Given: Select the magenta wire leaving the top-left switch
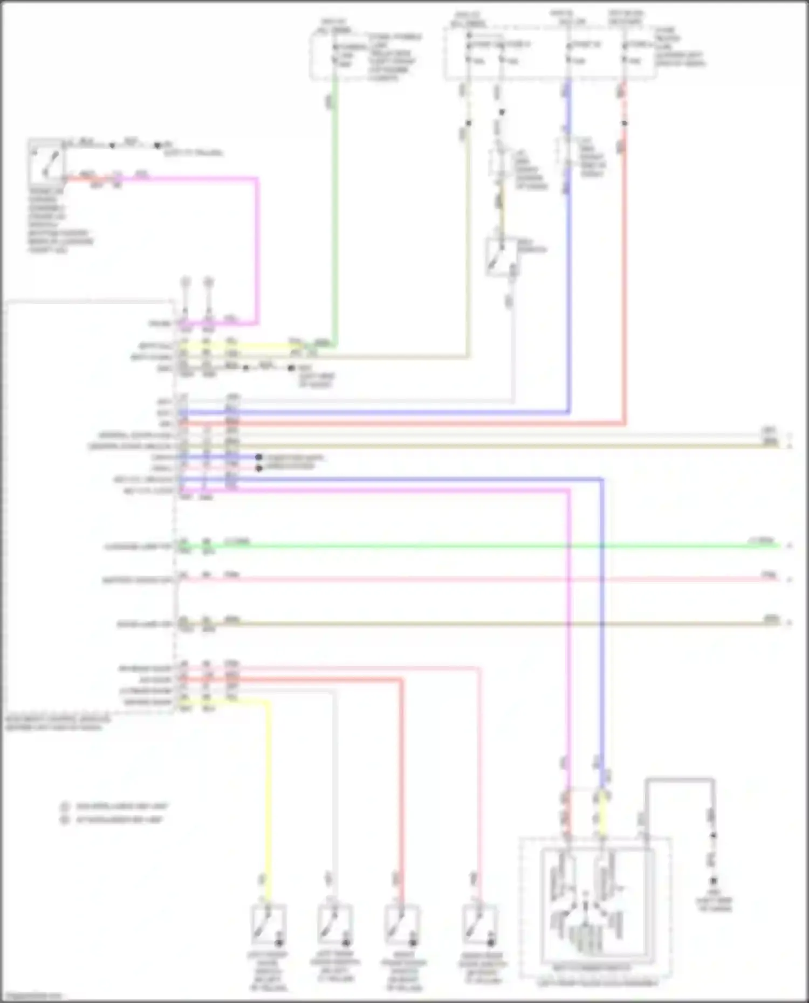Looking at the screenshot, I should click(257, 248).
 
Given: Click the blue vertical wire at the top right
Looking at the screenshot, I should click(568, 269).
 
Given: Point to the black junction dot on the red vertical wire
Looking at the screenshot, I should click(624, 123).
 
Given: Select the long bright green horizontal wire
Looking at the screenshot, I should click(485, 546).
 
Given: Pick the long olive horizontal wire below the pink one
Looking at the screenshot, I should click(485, 624).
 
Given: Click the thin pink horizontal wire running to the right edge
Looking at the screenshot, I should click(485, 580).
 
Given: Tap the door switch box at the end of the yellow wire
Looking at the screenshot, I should click(268, 924).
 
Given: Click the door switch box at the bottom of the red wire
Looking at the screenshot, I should click(402, 924).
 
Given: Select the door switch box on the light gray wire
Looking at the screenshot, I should click(335, 924).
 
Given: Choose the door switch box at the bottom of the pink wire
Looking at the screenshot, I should click(479, 924).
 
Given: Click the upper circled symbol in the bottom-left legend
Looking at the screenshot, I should click(65, 807).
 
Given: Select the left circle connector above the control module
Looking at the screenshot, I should click(186, 282).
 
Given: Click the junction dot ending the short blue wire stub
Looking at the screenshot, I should click(259, 458).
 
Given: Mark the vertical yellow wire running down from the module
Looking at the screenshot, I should click(268, 798).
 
